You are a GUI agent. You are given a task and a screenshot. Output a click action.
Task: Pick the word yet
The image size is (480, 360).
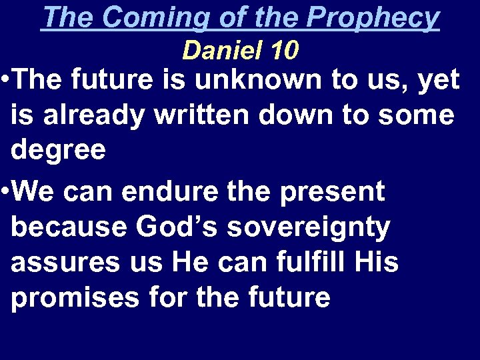(x=437, y=81)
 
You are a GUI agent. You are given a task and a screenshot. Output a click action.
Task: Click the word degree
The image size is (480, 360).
(x=58, y=150)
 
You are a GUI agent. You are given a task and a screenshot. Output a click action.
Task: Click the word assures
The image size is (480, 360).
(x=66, y=263)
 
